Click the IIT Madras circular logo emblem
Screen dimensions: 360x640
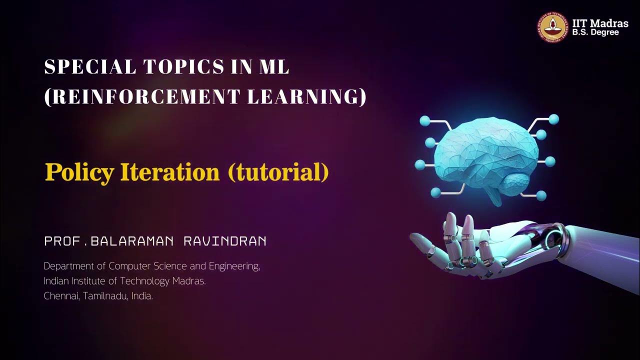tap(553, 27)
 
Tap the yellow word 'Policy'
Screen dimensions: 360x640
tap(79, 172)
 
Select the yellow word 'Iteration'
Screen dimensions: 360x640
tap(170, 172)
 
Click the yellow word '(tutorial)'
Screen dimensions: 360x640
tap(278, 172)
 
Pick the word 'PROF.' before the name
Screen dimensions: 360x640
tap(64, 241)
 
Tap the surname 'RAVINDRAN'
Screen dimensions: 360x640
tap(225, 241)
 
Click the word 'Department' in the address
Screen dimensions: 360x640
tap(74, 266)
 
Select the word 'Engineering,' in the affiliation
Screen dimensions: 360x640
tap(235, 266)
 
